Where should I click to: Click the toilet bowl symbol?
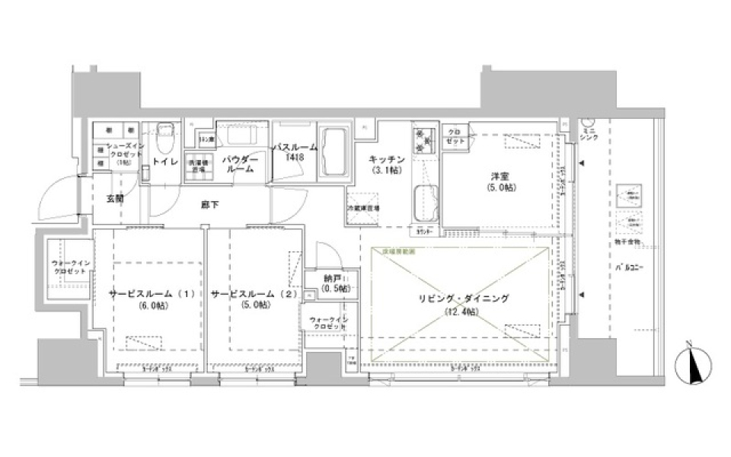tap(164, 139)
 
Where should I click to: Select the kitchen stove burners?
tap(422, 139)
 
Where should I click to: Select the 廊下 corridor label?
tap(210, 204)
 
